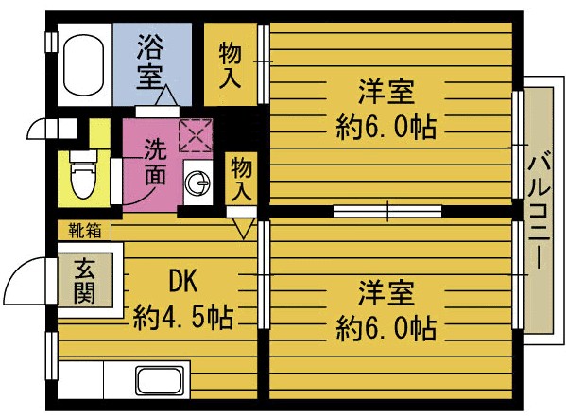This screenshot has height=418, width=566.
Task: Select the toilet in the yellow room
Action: click(x=83, y=173)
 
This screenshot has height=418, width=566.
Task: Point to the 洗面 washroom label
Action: click(x=157, y=161)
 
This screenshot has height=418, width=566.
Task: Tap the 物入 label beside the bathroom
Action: click(x=230, y=64)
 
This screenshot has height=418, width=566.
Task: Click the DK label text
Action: click(x=182, y=281)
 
